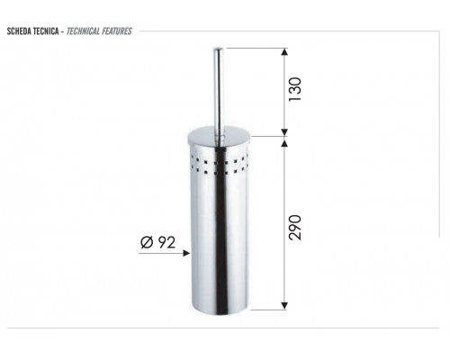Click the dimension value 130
[294, 89]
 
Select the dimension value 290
[294, 227]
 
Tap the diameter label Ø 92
[157, 242]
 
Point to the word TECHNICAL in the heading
[83, 31]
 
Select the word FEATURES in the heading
[117, 31]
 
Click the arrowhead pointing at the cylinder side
[186, 253]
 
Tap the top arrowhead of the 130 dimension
[284, 51]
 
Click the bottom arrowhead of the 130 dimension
[284, 132]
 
